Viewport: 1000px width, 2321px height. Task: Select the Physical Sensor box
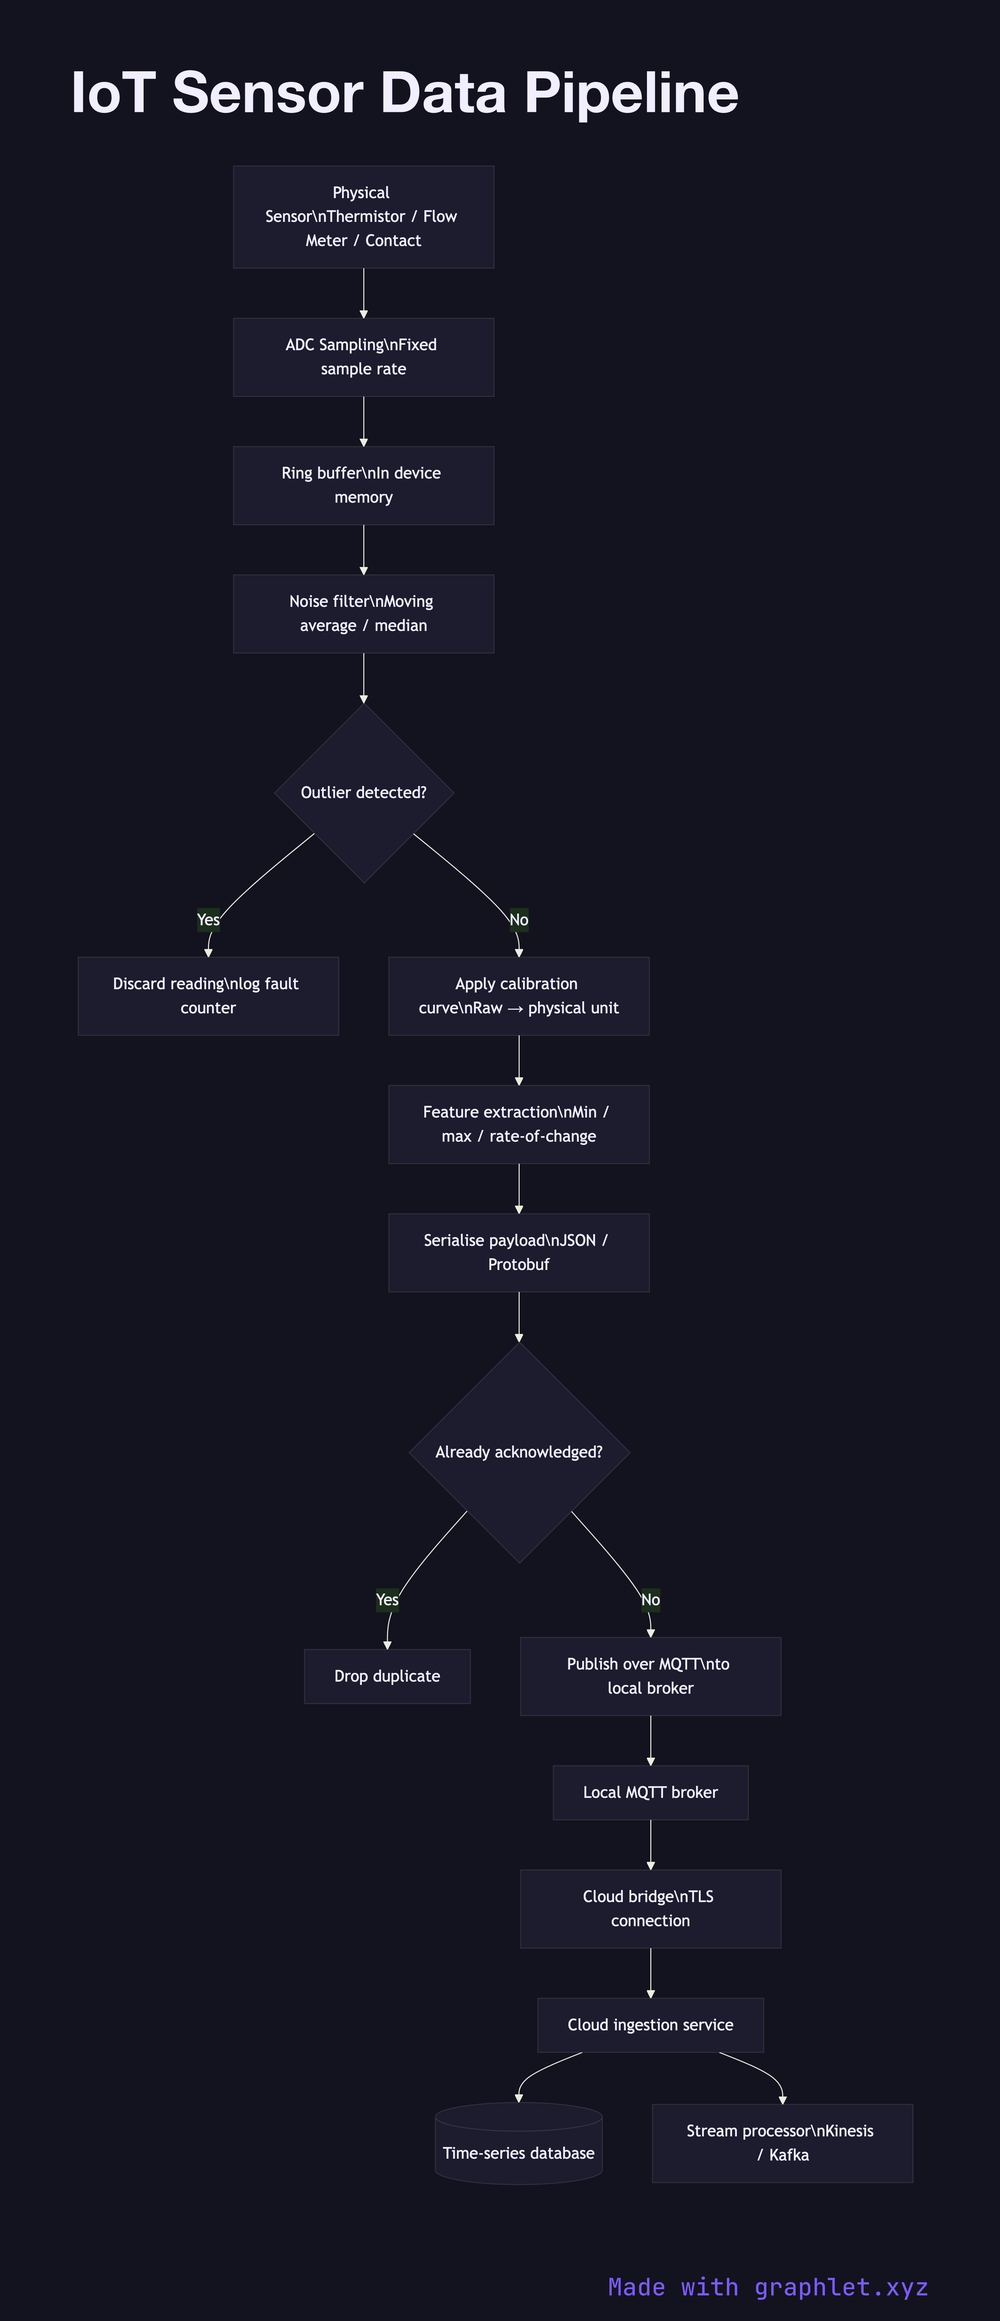tap(363, 216)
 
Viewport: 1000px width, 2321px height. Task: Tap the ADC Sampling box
tap(363, 357)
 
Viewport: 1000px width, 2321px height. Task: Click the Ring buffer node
tap(363, 485)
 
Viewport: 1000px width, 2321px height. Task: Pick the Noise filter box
tap(363, 613)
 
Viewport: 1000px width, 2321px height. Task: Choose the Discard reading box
tap(208, 995)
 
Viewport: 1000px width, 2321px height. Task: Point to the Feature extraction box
tap(519, 1123)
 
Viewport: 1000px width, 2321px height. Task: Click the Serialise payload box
tap(519, 1252)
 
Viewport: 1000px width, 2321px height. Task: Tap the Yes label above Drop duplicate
tap(387, 1599)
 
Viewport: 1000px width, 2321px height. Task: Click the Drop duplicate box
tap(387, 1676)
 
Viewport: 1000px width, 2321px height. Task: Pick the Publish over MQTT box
tap(651, 1676)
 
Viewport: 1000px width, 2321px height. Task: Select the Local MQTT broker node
tap(651, 1792)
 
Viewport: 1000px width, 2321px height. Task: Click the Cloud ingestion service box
tap(651, 2025)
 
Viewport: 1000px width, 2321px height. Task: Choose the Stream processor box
tap(782, 2143)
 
